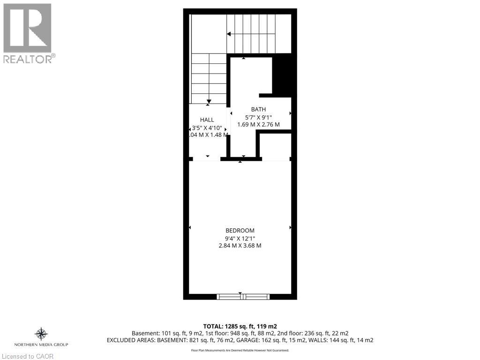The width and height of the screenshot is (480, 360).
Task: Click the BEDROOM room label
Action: pos(240,230)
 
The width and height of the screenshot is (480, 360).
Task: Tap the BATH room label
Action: pos(258,109)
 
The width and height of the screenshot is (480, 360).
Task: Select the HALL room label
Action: pos(207,120)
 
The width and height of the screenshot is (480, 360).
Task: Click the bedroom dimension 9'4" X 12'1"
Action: pos(240,238)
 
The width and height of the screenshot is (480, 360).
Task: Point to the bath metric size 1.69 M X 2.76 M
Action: pos(258,125)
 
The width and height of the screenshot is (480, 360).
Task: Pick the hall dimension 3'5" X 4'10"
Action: pos(207,127)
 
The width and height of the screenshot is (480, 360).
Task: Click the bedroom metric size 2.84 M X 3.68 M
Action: pos(240,246)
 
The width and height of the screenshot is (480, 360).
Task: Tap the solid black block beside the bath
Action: pos(282,75)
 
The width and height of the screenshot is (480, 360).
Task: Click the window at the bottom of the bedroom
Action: pos(243,296)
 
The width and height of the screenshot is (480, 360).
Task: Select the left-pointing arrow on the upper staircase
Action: pos(229,34)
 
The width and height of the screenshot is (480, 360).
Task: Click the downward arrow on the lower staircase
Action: pos(209,101)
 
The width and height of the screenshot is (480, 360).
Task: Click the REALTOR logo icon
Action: pos(27,28)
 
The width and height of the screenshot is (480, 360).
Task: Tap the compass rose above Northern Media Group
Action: pos(41,334)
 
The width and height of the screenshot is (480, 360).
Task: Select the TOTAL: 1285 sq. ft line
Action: pos(240,326)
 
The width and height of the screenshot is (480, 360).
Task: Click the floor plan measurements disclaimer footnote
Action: pos(240,350)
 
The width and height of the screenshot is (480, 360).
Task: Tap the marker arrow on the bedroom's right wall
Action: pos(291,227)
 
